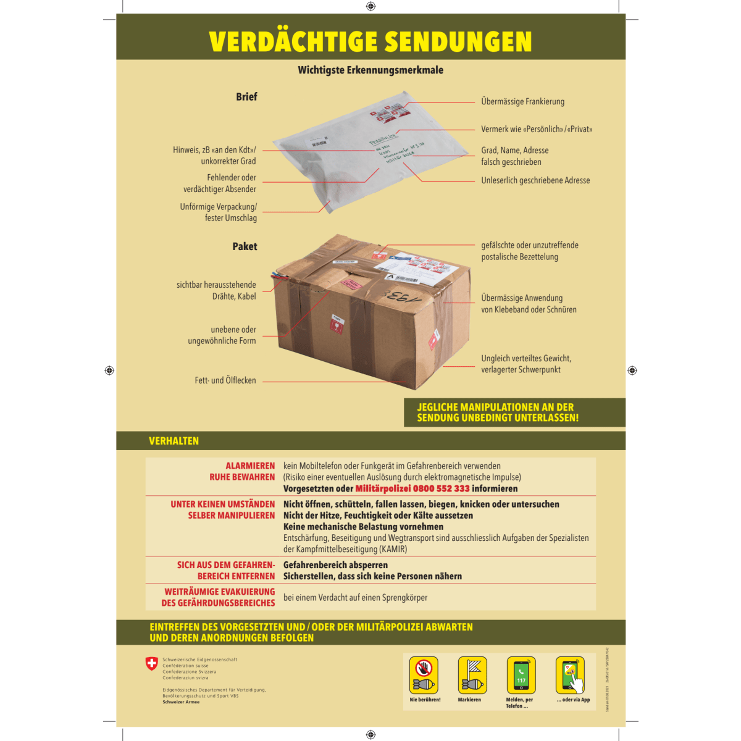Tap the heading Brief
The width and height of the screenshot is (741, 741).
pos(246,97)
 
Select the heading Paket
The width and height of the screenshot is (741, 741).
pos(245,246)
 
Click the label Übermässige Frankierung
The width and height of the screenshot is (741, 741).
pos(522,102)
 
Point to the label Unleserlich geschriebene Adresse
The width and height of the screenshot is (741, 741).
pos(535,180)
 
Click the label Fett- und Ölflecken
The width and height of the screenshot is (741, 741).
pos(225,380)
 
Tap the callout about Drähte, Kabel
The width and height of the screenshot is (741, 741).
pos(216,291)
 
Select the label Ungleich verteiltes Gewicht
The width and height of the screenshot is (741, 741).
pos(526,358)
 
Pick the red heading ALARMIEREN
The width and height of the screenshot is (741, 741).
pos(250,466)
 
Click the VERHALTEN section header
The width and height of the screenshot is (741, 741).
pos(174,441)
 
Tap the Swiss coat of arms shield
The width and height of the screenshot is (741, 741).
pos(151,664)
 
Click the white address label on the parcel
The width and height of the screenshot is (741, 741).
pos(420,266)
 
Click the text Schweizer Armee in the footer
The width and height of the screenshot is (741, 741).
pos(181,702)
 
